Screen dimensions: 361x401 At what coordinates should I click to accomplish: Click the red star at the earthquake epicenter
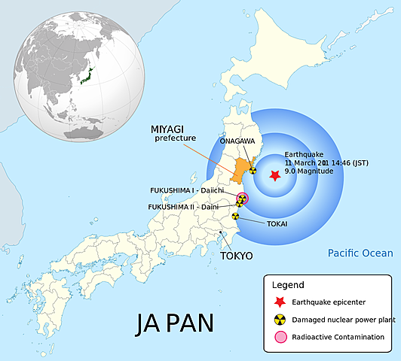(275, 174)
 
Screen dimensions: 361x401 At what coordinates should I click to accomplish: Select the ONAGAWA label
(241, 141)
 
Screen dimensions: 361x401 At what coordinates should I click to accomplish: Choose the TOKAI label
(277, 223)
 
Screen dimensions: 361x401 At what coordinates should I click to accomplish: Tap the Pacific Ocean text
(360, 253)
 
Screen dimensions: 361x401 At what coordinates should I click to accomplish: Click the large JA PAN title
(174, 322)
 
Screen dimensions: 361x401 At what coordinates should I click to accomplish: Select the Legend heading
(288, 285)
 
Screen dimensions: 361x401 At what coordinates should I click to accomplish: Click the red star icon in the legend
(278, 302)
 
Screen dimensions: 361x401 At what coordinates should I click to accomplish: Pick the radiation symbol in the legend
(278, 319)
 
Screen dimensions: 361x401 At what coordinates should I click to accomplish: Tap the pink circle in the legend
(278, 338)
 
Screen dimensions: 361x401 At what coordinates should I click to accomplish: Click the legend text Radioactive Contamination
(338, 338)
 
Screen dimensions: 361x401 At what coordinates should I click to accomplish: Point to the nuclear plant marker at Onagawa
(253, 170)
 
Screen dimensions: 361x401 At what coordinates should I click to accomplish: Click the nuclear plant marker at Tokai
(235, 216)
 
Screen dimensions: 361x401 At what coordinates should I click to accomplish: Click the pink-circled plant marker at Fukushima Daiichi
(242, 199)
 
